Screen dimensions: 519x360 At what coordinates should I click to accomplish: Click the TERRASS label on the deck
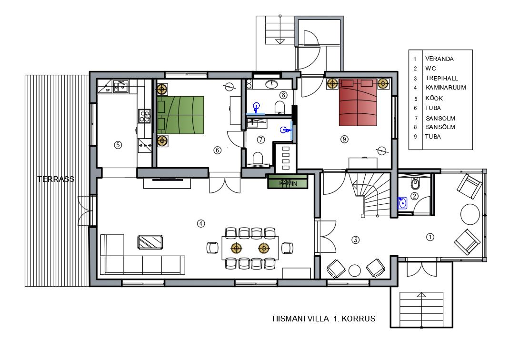[x=56, y=180]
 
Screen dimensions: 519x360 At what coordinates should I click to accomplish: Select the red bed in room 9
[x=358, y=102]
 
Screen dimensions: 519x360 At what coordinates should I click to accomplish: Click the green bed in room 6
[x=181, y=115]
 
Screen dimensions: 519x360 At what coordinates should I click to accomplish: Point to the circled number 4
[x=201, y=224]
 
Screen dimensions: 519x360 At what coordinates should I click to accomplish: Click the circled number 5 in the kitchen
[x=118, y=145]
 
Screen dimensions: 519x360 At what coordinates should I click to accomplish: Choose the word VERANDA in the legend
[x=439, y=59]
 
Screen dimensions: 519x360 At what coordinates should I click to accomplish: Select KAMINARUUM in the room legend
[x=446, y=88]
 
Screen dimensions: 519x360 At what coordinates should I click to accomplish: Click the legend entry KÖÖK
[x=434, y=98]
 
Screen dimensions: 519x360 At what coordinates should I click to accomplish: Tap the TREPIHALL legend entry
[x=441, y=79]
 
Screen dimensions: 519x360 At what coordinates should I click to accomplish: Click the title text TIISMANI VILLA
[x=300, y=319]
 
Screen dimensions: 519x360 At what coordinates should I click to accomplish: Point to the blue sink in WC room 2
[x=402, y=203]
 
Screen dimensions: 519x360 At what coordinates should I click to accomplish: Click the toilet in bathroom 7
[x=257, y=158]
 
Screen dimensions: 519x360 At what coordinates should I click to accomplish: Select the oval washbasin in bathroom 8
[x=272, y=84]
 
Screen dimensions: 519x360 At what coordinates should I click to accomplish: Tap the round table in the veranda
[x=470, y=214]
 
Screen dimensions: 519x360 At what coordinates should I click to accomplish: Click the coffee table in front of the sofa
[x=150, y=242]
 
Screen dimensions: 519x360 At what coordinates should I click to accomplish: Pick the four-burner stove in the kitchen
[x=144, y=116]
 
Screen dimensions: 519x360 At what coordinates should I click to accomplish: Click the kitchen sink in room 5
[x=121, y=86]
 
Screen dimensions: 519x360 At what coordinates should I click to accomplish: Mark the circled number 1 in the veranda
[x=430, y=237]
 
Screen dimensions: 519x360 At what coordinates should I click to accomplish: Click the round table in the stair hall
[x=355, y=270]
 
